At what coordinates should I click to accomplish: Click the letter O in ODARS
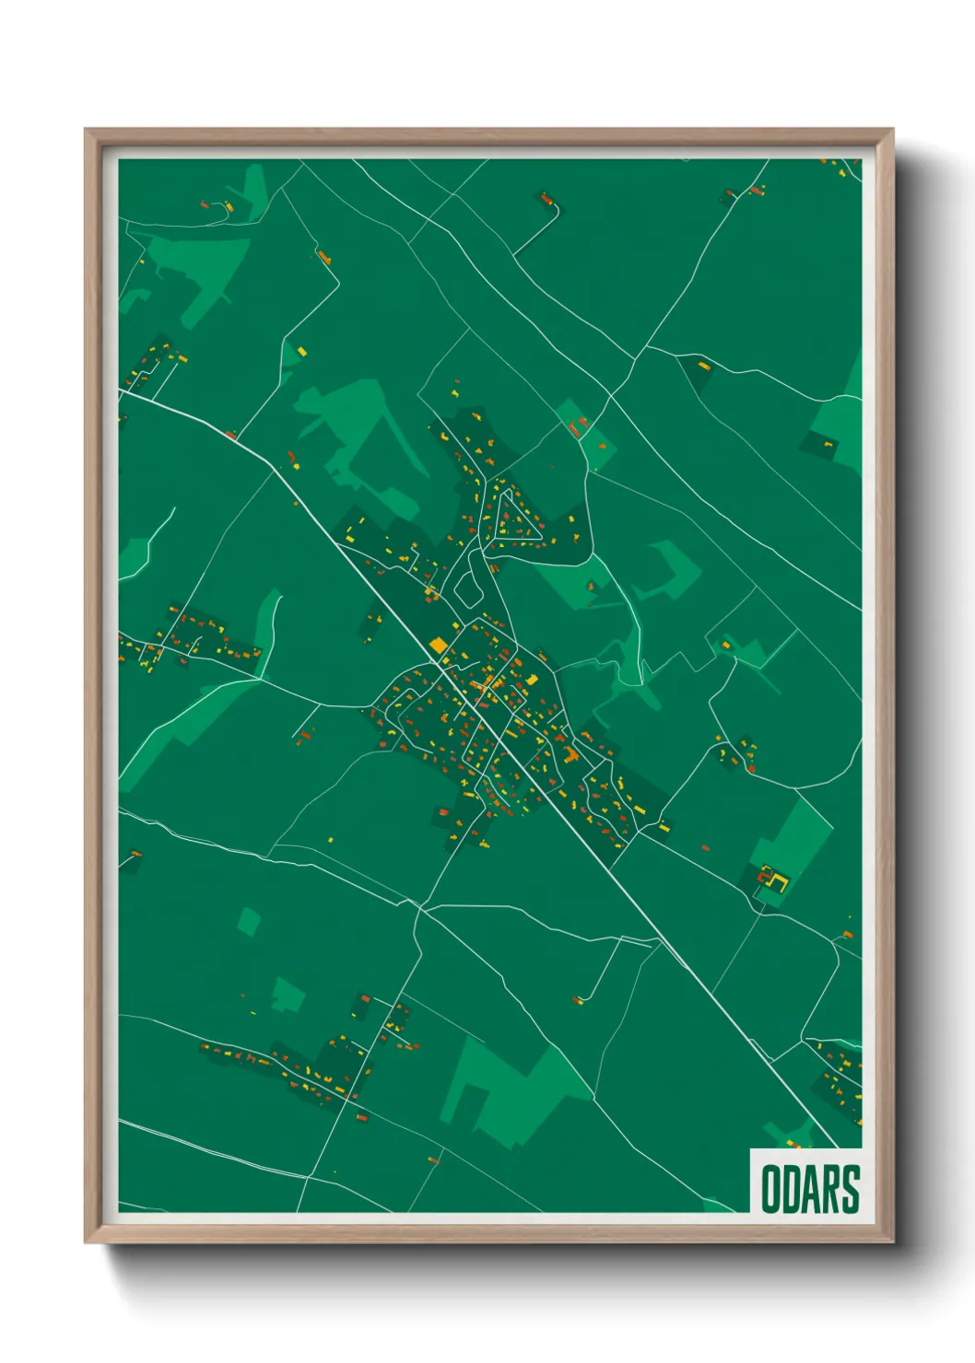[769, 1189]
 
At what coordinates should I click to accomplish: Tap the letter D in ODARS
[793, 1189]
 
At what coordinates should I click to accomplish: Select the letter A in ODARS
[813, 1189]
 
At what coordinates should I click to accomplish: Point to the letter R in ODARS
[832, 1189]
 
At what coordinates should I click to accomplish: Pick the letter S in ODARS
[851, 1189]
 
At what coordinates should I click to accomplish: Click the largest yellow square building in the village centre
[438, 645]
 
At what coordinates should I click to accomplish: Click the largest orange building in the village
[570, 754]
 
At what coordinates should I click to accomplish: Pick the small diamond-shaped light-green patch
[248, 921]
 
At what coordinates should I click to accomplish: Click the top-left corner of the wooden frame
[87, 131]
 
